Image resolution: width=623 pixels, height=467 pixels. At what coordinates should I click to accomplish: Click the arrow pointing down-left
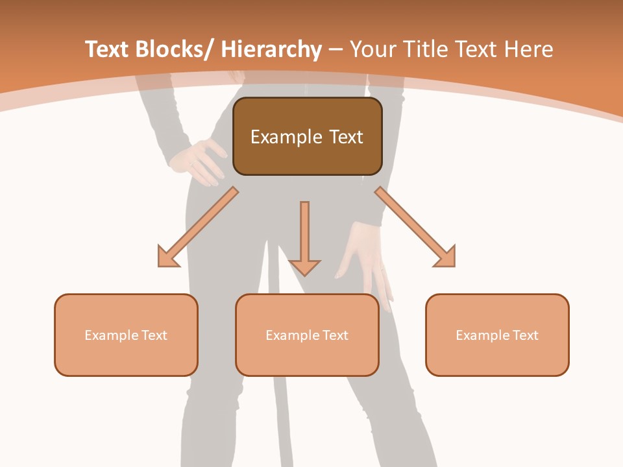pyautogui.click(x=198, y=227)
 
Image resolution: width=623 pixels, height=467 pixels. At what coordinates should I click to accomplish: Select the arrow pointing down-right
pyautogui.click(x=415, y=227)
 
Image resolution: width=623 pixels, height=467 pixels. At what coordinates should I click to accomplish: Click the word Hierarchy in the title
pyautogui.click(x=271, y=49)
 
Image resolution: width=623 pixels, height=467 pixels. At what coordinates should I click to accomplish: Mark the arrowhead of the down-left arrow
pyautogui.click(x=167, y=257)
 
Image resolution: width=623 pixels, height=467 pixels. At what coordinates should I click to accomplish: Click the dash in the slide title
pyautogui.click(x=336, y=50)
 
